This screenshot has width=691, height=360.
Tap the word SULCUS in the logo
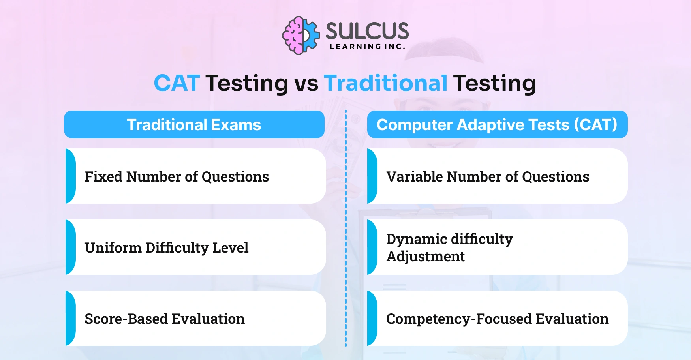pyautogui.click(x=367, y=31)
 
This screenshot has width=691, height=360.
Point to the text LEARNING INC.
pyautogui.click(x=367, y=47)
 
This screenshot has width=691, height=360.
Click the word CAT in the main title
pyautogui.click(x=177, y=83)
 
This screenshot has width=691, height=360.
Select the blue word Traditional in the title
pyautogui.click(x=385, y=83)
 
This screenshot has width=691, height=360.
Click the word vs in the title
pyautogui.click(x=306, y=84)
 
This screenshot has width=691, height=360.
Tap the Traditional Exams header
pyautogui.click(x=194, y=125)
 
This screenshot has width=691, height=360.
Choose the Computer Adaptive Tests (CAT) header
pyautogui.click(x=497, y=125)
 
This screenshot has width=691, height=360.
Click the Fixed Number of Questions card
pyautogui.click(x=196, y=176)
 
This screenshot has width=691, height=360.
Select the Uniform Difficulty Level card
pyautogui.click(x=196, y=247)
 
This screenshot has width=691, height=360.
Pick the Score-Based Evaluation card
pyautogui.click(x=196, y=318)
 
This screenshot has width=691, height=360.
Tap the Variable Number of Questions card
pyautogui.click(x=497, y=176)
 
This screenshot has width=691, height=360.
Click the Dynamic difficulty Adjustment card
pyautogui.click(x=497, y=247)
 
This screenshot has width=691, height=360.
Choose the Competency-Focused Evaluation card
pyautogui.click(x=497, y=318)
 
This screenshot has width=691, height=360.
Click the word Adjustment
pyautogui.click(x=425, y=257)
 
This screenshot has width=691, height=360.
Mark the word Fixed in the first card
pyautogui.click(x=103, y=177)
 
